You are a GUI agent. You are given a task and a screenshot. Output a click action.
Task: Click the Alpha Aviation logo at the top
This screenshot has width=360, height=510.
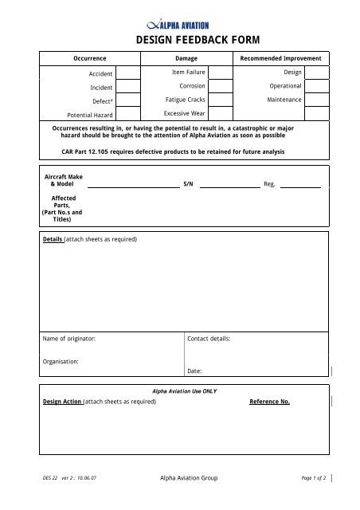(x=179, y=26)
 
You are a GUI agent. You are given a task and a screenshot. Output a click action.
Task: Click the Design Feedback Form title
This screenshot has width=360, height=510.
(x=180, y=41)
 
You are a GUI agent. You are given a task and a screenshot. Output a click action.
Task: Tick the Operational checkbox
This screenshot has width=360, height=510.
(x=316, y=86)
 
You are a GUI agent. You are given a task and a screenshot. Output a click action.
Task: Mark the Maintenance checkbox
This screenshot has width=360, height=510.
(x=316, y=100)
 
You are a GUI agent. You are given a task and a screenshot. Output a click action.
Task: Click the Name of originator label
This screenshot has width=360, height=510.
(x=69, y=339)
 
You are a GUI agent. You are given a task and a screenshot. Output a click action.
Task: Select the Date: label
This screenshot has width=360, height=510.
(x=194, y=371)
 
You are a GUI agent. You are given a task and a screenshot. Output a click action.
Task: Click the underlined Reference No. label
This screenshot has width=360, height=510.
(x=269, y=402)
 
